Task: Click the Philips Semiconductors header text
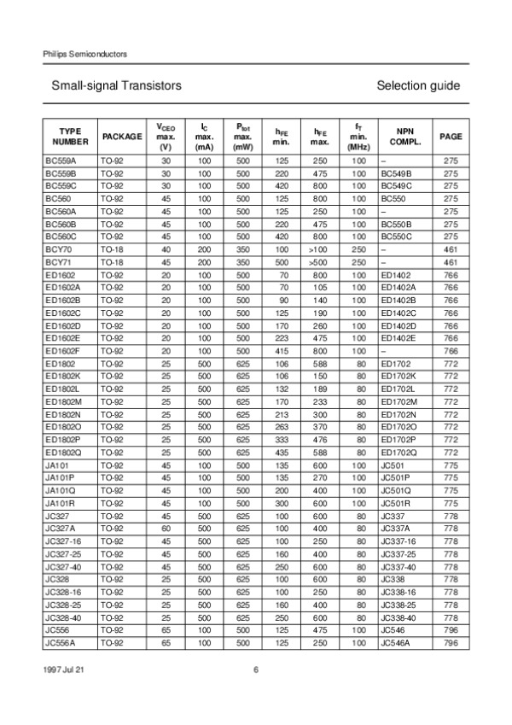(84, 54)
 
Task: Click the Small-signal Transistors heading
(116, 86)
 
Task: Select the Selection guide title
(417, 86)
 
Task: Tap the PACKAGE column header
(122, 137)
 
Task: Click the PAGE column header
(451, 137)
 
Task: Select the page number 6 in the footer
(255, 669)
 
